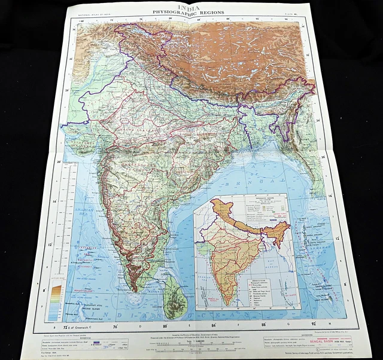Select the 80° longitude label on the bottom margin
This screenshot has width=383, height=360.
(165, 327)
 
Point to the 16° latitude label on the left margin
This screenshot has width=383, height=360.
(53, 202)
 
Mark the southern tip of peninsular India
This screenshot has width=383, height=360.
(136, 289)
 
